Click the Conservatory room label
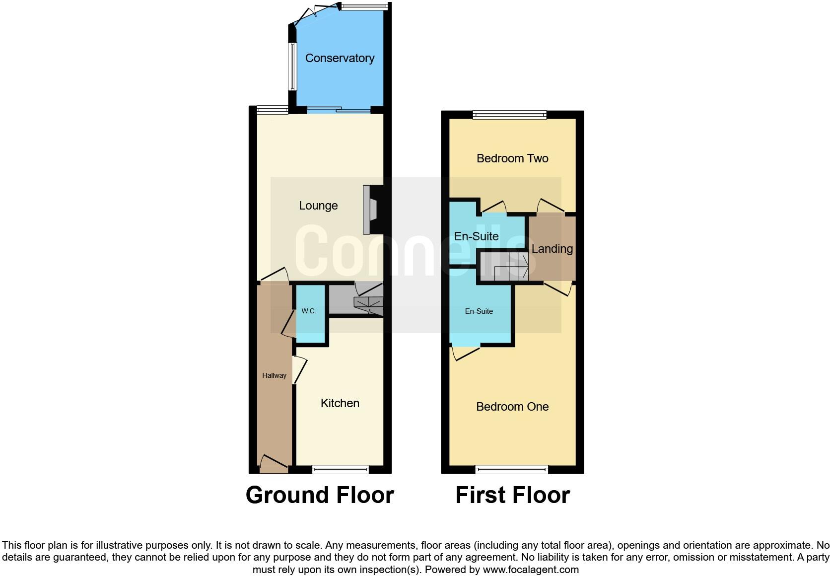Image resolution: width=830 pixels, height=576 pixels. click(x=340, y=58)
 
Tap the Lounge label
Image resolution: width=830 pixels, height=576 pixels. click(x=318, y=206)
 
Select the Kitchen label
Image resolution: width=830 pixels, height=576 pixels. click(x=340, y=403)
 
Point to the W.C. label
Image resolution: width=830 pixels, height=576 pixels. click(x=309, y=311)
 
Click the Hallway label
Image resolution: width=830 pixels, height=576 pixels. click(x=274, y=375)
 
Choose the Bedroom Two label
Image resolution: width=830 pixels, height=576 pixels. click(x=512, y=158)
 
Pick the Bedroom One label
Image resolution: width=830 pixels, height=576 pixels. click(x=512, y=407)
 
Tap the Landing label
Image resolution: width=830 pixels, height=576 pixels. click(x=552, y=249)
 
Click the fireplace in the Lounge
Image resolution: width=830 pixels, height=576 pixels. click(x=370, y=209)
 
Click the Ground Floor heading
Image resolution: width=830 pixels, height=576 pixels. click(x=320, y=495)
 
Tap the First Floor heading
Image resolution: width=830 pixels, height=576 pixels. click(x=512, y=495)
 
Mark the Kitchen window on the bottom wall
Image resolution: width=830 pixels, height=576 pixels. click(x=340, y=469)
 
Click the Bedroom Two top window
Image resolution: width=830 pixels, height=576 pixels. click(x=509, y=115)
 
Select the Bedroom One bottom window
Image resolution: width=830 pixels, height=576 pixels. click(x=512, y=469)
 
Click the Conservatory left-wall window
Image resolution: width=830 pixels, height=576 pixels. click(x=292, y=67)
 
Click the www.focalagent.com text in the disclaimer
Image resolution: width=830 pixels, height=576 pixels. click(x=531, y=570)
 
